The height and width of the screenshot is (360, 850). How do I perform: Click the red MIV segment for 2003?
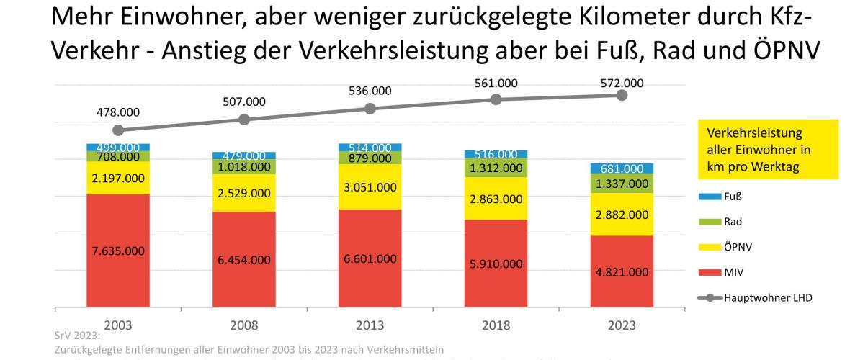click(118, 251)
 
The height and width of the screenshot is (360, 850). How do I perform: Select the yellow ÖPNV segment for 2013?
click(370, 186)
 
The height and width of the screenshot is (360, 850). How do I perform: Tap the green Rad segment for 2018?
click(496, 168)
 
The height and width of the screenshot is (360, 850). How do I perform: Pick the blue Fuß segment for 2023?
click(622, 168)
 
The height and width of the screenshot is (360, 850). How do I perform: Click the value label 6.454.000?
click(244, 261)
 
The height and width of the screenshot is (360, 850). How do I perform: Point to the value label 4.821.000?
click(622, 273)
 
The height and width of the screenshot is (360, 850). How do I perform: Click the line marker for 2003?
click(118, 130)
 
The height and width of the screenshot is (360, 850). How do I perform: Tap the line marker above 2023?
click(622, 95)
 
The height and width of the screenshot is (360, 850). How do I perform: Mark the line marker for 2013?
click(370, 109)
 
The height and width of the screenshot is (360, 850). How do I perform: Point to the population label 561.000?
click(496, 83)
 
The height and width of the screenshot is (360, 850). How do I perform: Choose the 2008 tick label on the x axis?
click(244, 325)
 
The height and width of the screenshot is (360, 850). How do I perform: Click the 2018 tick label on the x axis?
click(496, 325)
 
